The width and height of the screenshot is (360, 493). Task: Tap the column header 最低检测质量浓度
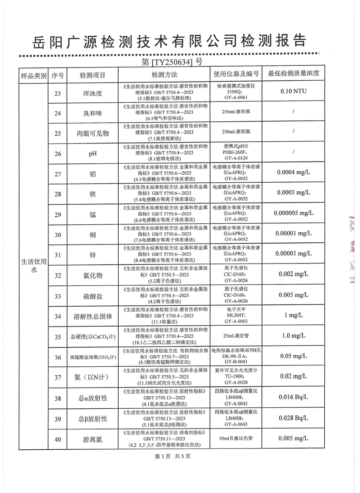coord(293,74)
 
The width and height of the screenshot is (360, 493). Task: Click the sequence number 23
coord(57,93)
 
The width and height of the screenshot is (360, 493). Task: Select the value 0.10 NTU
coord(293,92)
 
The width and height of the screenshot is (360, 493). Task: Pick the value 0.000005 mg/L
coord(293,213)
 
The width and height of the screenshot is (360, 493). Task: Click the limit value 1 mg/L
coord(293,315)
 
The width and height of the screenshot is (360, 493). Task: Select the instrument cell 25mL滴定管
coord(237,337)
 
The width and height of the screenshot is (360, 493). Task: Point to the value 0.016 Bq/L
coord(293,397)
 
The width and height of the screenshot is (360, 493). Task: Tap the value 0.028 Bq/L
coord(293,418)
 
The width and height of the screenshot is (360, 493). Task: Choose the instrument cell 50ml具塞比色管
coord(237,439)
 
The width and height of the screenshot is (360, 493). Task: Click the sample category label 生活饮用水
coord(33,266)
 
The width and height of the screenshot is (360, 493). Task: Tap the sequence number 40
coord(57,439)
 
